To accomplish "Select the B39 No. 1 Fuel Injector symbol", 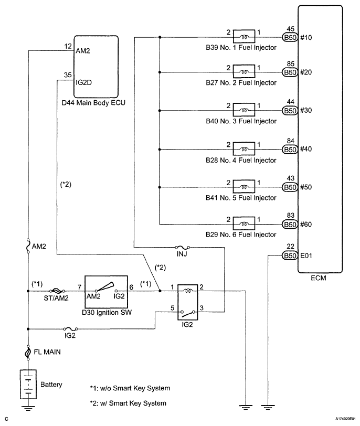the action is pos(244,36).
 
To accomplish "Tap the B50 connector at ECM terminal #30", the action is pos(290,111).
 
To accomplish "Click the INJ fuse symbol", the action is pos(182,248).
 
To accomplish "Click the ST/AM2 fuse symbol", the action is pos(57,291).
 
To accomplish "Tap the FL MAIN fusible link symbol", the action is pos(28,353).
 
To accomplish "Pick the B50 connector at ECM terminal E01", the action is pos(290,255).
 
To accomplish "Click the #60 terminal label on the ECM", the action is pos(306,225).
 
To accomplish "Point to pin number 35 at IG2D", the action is pos(68,74).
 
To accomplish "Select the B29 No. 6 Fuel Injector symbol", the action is pos(244,223).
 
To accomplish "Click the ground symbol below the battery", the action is pos(28,407).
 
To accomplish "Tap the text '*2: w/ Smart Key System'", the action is pos(128,403).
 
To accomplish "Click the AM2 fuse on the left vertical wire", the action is pos(28,246).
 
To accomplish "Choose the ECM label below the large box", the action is pos(318,278).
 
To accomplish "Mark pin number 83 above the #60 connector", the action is pos(290,216).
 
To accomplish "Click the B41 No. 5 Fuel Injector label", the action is pos(241,198).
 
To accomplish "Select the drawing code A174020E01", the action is pos(345,419).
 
